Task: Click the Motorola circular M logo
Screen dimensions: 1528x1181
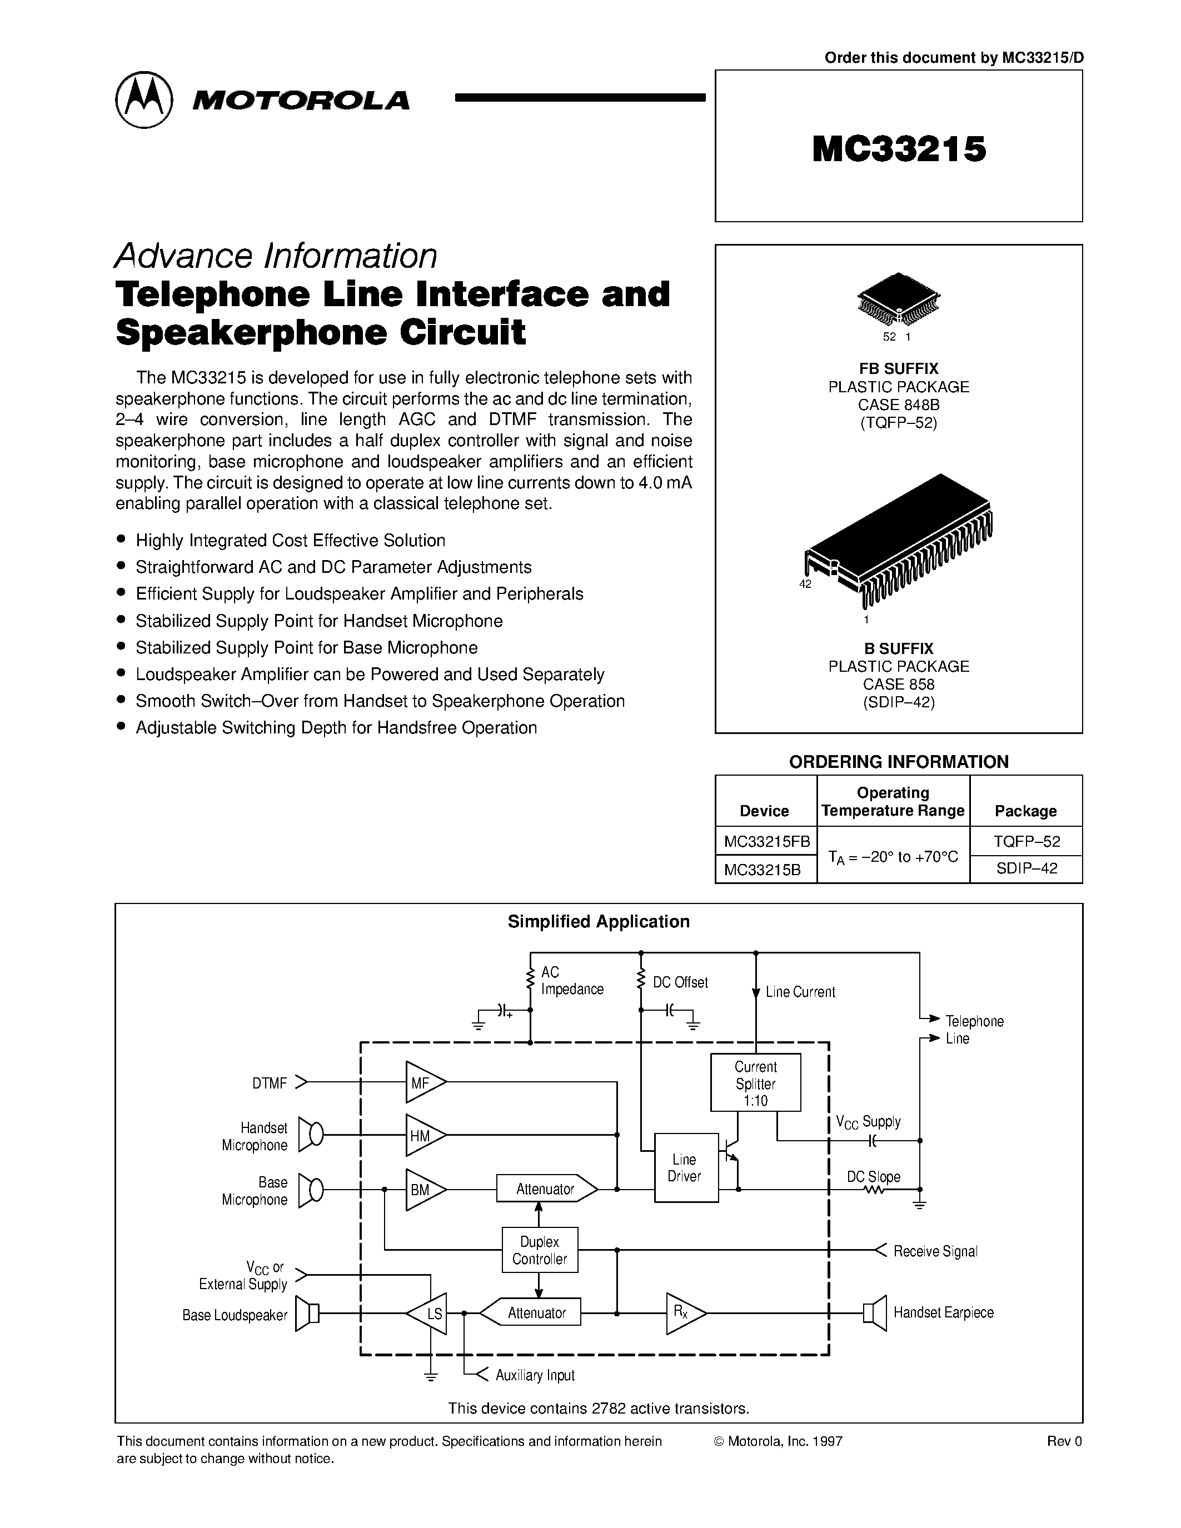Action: [x=143, y=99]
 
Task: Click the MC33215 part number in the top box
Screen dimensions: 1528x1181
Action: [x=899, y=149]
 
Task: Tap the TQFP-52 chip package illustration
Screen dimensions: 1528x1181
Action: [x=898, y=299]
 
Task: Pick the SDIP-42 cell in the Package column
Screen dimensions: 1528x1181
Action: [x=1026, y=868]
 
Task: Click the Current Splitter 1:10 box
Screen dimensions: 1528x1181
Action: [x=756, y=1083]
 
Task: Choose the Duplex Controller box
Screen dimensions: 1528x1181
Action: [x=540, y=1250]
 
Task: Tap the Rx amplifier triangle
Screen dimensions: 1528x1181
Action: [x=684, y=1313]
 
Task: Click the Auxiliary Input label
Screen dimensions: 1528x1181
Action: [x=535, y=1376]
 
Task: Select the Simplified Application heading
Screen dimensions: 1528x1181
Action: [x=598, y=921]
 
